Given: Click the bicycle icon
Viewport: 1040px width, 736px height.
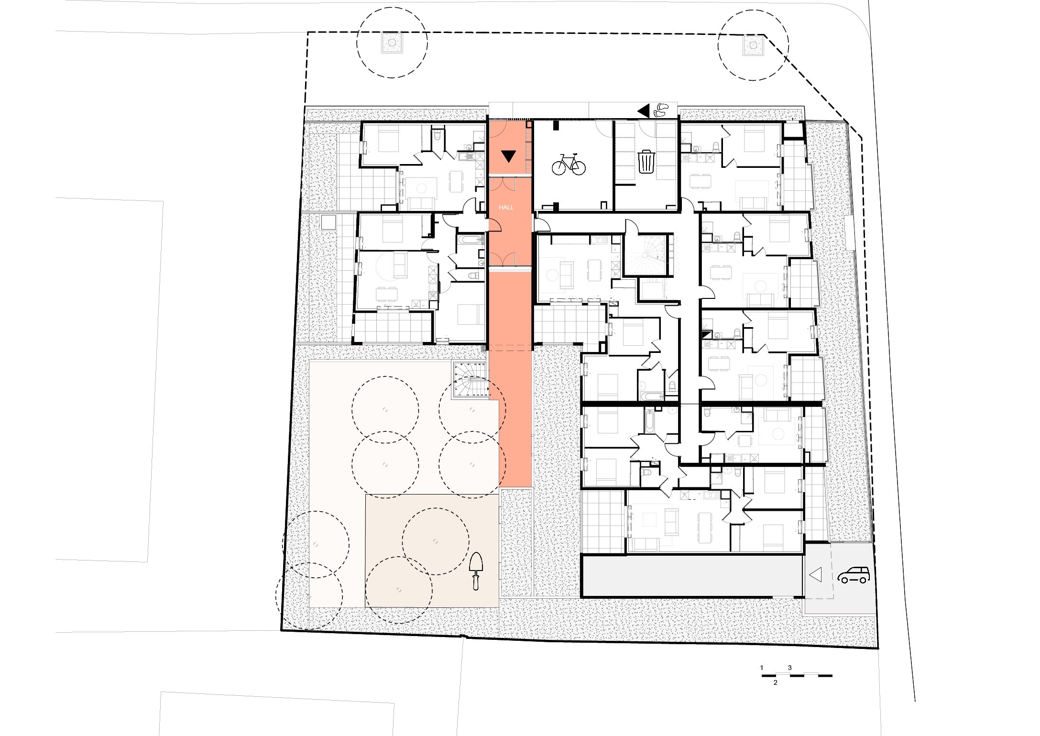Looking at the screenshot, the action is (x=569, y=164).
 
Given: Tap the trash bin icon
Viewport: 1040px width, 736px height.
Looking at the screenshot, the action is (x=646, y=162).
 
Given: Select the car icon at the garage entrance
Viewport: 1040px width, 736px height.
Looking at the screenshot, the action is (x=854, y=575).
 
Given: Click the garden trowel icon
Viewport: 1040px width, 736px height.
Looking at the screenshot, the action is (x=476, y=571).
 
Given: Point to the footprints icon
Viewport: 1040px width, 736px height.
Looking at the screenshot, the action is (x=662, y=110).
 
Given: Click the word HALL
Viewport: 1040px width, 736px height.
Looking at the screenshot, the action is (x=506, y=208).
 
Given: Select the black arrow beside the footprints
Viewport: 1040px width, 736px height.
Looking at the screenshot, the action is (x=644, y=111).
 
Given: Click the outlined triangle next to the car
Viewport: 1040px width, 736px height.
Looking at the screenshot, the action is (x=815, y=574).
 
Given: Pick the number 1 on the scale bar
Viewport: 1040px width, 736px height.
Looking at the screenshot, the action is (x=762, y=668).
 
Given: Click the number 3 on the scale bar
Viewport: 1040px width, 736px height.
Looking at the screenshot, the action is (x=790, y=668).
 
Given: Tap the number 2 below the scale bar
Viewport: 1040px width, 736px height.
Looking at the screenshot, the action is (x=776, y=682).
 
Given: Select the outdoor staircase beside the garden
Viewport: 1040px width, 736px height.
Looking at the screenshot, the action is (x=471, y=380).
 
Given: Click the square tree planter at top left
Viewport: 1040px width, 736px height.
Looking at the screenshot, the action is (x=392, y=43).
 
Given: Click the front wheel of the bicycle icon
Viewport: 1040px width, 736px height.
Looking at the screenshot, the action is (x=578, y=167).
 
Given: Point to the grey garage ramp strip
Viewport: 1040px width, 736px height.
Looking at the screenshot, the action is (x=692, y=575).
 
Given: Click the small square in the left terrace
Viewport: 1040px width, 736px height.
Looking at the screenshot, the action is (x=328, y=223).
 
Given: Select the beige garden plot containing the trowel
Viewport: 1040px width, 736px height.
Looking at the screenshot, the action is (x=432, y=551).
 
